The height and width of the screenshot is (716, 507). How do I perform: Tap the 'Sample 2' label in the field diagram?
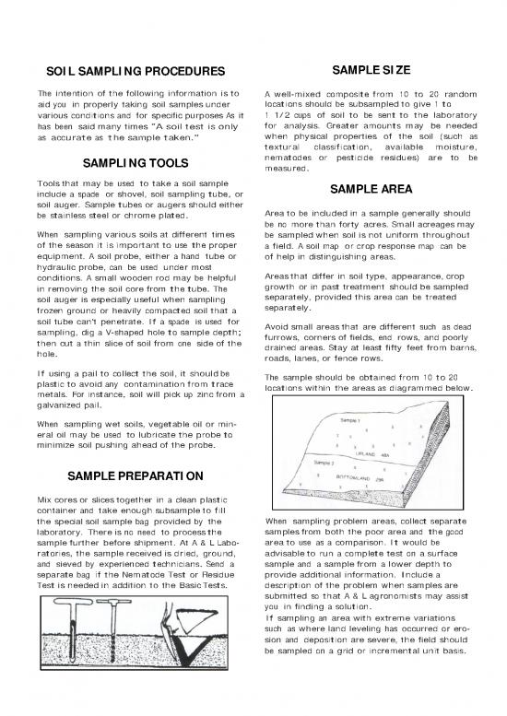point(325,463)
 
